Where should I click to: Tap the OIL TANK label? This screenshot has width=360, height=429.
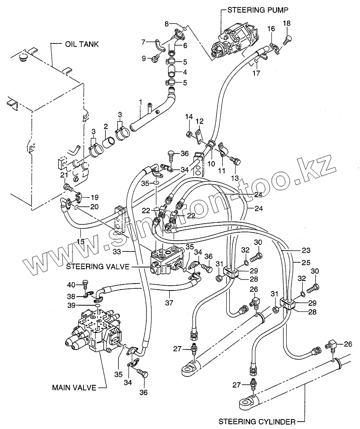click(x=82, y=44)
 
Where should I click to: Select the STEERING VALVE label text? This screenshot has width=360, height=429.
click(x=98, y=267)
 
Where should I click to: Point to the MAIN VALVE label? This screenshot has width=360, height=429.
click(x=73, y=387)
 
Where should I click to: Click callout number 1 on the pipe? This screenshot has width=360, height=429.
click(x=140, y=103)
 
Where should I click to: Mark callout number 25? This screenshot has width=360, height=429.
click(x=296, y=263)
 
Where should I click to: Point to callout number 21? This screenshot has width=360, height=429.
click(x=63, y=175)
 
